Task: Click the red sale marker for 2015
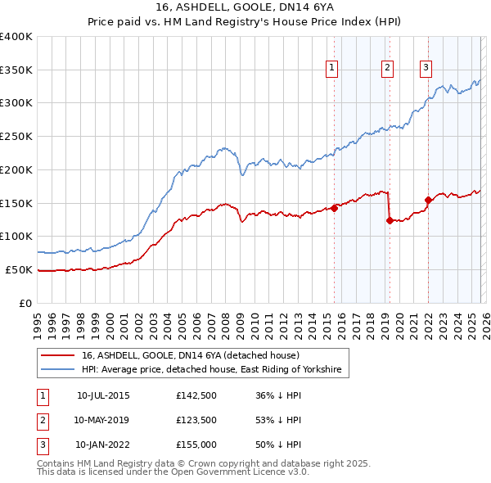coord(334,208)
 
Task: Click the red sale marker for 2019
coord(390,220)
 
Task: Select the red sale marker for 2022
coord(428,199)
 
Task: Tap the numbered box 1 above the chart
coord(332,69)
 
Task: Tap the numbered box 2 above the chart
coord(387,69)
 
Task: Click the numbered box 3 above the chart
coord(426,69)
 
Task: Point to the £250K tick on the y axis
coord(16,136)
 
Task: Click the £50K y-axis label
coord(19,269)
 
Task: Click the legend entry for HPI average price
coord(210,371)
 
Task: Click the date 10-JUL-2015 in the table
coord(103,395)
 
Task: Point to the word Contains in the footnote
coord(56,463)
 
